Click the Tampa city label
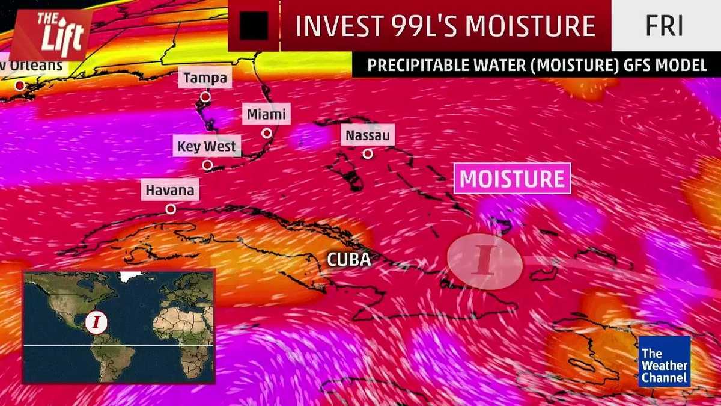point(205,78)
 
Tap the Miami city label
point(266,114)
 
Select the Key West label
point(207,146)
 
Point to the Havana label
point(170,191)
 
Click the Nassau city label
point(367,135)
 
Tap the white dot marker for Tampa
point(205,96)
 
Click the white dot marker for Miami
point(266,133)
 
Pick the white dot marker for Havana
point(171,209)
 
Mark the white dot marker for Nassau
point(368,153)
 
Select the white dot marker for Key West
point(207,164)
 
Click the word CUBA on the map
point(348,260)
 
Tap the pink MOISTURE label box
point(512,179)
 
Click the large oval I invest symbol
point(484,262)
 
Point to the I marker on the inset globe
point(96,322)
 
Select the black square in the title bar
point(254,26)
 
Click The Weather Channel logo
point(664,361)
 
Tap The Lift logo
point(51,34)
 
